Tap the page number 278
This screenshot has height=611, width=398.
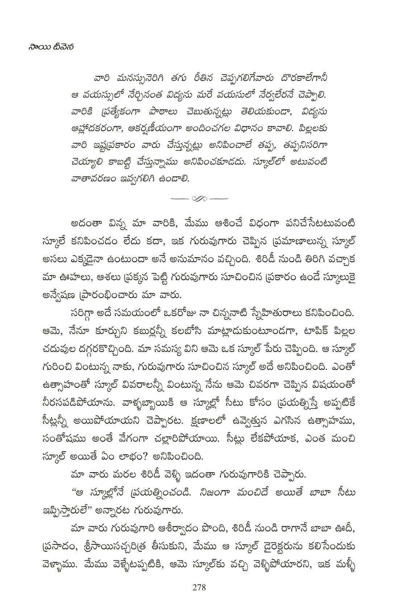click(199, 587)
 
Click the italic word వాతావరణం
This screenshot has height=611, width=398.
click(95, 179)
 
